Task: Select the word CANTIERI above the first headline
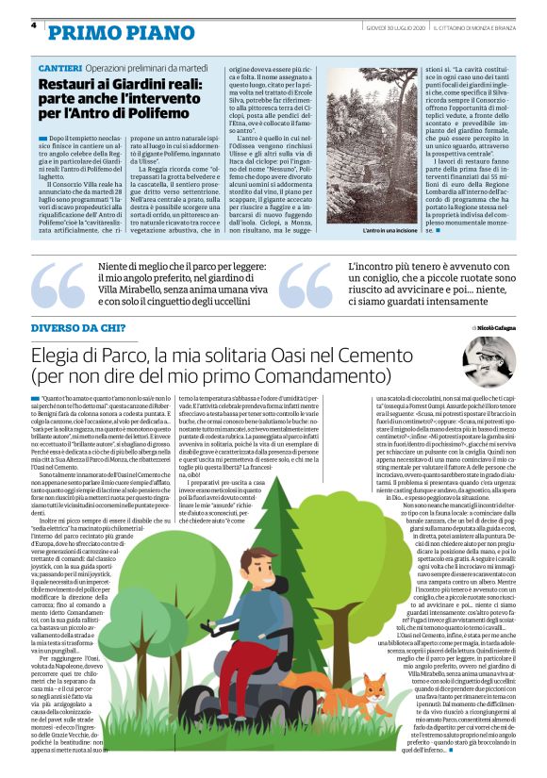tap(59, 70)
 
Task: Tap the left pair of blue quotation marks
tap(59, 289)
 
